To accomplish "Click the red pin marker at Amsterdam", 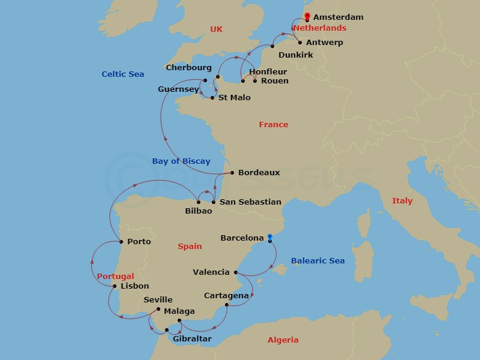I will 307,16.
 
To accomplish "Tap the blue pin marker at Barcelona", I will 270,237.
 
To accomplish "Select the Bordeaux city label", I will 259,173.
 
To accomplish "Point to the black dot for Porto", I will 122,242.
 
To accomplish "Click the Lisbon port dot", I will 115,286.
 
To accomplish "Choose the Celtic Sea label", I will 123,74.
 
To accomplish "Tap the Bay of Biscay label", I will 181,161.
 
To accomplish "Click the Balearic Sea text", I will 318,261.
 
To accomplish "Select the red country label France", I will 274,125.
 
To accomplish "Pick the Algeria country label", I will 283,340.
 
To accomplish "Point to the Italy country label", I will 402,201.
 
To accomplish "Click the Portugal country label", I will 115,277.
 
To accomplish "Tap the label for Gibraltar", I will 192,340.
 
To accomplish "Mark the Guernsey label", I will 178,90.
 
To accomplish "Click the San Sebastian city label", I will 250,202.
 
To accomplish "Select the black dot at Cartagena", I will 226,305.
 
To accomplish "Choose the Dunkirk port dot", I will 272,46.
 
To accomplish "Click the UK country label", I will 216,29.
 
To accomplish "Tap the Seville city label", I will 158,300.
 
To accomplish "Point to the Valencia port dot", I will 235,273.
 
